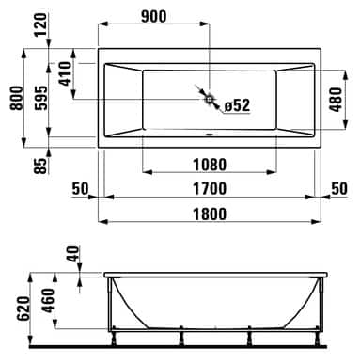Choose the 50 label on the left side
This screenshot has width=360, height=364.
79,188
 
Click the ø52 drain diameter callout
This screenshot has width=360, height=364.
237,104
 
